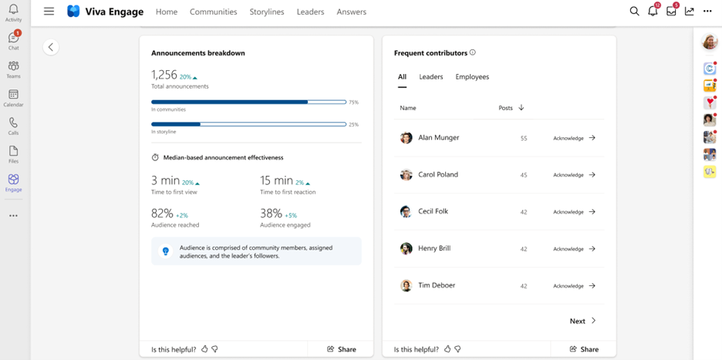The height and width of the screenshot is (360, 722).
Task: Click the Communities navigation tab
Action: coord(213,12)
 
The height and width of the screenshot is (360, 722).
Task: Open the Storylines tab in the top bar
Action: coord(267,12)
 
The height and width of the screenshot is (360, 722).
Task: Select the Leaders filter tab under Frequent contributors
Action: coord(431,77)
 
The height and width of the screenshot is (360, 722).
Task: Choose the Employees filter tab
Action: coord(472,77)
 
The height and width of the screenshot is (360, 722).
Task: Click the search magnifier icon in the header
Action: coord(634,12)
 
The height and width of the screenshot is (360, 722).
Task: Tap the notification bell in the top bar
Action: coord(653,12)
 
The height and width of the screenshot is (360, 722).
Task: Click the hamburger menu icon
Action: coord(49,12)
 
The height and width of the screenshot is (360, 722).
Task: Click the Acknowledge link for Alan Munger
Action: coord(574,138)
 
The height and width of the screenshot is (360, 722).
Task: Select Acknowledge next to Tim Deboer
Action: coord(574,286)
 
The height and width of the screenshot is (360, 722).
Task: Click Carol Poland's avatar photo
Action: coord(407,175)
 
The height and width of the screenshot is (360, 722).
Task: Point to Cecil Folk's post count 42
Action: coord(524,212)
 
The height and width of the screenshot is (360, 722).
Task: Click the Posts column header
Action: coord(511,108)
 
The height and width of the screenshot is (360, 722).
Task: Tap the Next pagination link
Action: coord(582,321)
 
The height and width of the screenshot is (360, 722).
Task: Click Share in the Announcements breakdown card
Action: coord(342,349)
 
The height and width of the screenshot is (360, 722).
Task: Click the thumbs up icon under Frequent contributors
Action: coord(447,349)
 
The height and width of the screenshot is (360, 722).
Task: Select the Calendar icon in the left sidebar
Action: coord(13,98)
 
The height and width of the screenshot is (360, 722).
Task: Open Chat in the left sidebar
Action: coord(13,41)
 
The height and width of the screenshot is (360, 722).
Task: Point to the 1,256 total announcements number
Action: coord(164,75)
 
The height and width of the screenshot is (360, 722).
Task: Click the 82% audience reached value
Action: coord(162,214)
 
